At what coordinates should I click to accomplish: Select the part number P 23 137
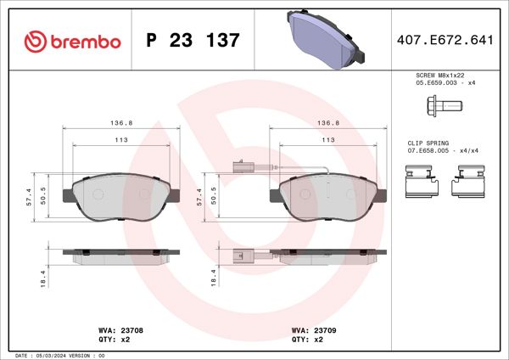[193, 40]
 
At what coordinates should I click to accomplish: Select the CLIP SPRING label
[426, 143]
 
